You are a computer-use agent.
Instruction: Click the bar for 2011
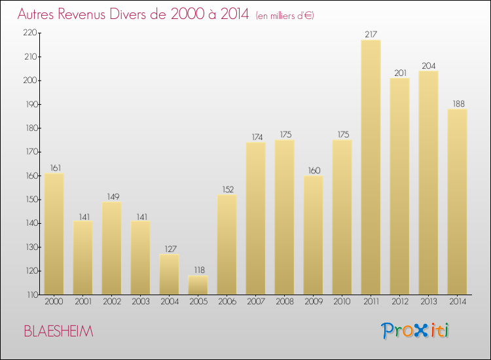pos(371,167)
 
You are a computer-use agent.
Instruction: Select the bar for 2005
pos(198,285)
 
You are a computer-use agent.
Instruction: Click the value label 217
pos(371,35)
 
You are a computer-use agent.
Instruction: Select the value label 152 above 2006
pos(227,190)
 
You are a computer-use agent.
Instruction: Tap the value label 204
pos(428,65)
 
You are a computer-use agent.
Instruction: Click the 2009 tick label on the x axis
pos(313,302)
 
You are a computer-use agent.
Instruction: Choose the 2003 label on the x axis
pos(140,302)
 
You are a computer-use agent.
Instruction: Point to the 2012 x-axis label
pos(399,302)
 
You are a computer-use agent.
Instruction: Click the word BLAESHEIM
pos(58,331)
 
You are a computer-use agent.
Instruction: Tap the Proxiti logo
pos(416,331)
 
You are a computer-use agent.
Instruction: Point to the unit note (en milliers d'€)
pos(285,16)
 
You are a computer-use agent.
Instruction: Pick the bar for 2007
pos(255,219)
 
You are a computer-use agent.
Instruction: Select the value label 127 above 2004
pos(169,249)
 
